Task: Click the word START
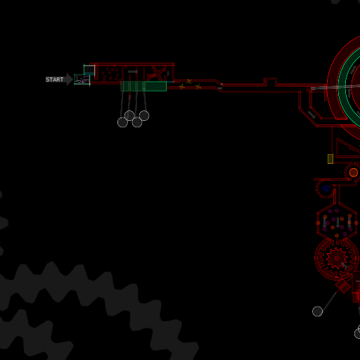point(54,79)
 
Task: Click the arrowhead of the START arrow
point(70,79)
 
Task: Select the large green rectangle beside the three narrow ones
point(155,86)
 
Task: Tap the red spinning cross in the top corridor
point(156,73)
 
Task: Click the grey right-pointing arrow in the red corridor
point(133,72)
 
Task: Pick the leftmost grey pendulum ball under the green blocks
point(122,122)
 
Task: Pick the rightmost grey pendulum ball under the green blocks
point(144,116)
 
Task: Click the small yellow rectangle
point(330,159)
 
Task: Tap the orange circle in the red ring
point(354,173)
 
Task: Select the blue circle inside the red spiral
point(326,188)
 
